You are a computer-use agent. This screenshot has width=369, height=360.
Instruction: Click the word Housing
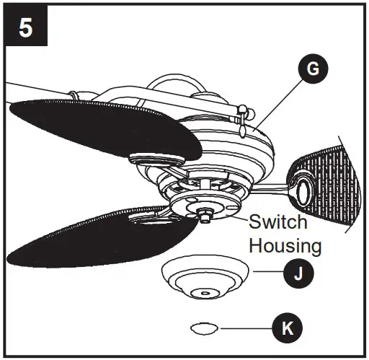point(285,245)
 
